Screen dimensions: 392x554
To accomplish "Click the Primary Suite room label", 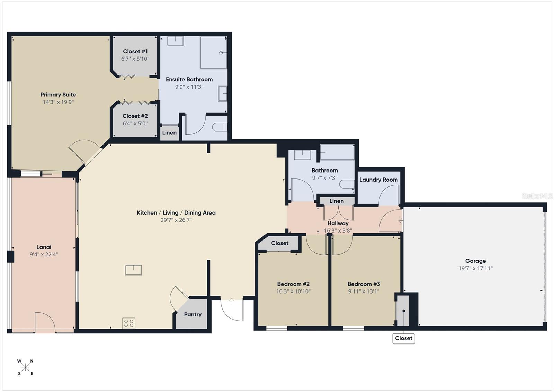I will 58,95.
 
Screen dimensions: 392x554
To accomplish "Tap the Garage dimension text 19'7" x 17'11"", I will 475,268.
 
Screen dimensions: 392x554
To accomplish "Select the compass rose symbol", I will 25,367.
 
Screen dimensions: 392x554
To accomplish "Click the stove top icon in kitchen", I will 128,323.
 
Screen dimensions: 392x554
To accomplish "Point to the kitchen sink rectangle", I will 133,270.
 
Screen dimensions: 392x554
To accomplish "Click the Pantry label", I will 193,314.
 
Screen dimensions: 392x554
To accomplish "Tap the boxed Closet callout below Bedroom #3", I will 403,338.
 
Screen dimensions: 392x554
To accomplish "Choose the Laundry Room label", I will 378,180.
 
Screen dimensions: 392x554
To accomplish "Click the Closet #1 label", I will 135,51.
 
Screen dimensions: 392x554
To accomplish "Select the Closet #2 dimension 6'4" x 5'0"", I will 135,123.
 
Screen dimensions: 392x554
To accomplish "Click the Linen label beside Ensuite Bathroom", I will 169,133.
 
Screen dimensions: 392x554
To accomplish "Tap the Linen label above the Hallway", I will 336,201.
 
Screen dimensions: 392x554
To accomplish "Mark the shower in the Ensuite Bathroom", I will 213,53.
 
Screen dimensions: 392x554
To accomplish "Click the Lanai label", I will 44,247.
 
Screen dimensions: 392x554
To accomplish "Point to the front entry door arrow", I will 232,300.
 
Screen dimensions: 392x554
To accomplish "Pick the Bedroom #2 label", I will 293,284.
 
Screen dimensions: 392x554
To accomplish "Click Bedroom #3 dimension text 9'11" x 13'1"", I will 364,291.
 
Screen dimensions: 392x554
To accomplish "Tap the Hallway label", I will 338,223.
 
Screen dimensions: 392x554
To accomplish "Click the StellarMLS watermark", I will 537,196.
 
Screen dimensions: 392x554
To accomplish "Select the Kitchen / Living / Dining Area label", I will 176,213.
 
